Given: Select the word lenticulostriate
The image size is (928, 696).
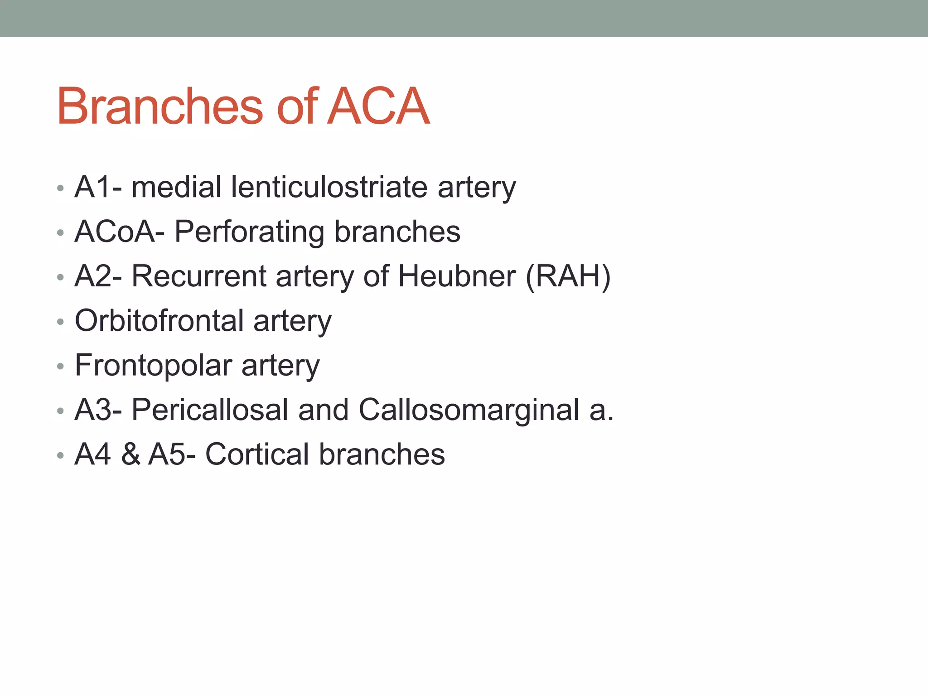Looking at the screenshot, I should click(x=329, y=187).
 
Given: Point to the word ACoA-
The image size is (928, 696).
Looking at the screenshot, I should click(x=120, y=232).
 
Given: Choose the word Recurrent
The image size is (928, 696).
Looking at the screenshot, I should click(x=198, y=276).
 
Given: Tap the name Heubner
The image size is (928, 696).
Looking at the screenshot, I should click(x=457, y=276).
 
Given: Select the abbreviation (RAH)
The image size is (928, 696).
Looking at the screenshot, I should click(x=568, y=276).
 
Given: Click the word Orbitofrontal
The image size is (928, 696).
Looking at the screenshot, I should click(x=159, y=320).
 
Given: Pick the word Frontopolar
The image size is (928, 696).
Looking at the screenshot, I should click(x=153, y=365).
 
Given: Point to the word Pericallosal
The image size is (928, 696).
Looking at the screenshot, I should click(x=210, y=410).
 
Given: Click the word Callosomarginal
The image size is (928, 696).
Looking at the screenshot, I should click(x=469, y=410).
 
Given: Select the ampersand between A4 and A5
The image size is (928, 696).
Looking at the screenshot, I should click(x=130, y=454).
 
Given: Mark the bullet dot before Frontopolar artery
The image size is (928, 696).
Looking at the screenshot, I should click(x=60, y=366).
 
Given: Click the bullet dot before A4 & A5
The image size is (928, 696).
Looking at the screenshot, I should click(x=60, y=455).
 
